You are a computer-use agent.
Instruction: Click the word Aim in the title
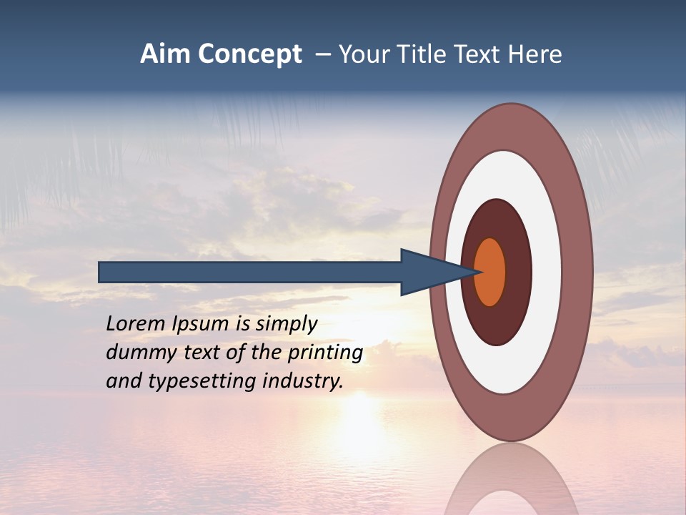(x=165, y=54)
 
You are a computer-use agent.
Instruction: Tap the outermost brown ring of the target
(x=577, y=272)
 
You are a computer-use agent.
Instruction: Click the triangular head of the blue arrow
(x=429, y=272)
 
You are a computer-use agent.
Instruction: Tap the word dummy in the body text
(x=137, y=353)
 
